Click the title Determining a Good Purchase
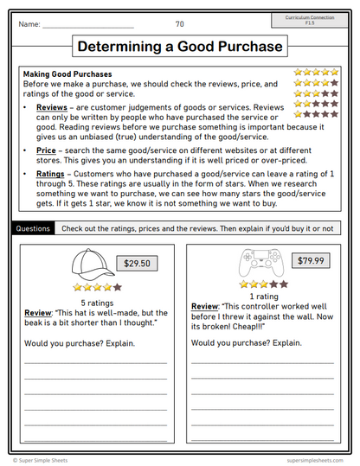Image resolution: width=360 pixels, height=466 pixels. point(180,46)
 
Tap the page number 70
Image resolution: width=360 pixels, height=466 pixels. point(180,24)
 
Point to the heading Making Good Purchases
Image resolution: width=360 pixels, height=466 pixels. point(74,74)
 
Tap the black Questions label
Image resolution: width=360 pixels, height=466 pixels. point(32,228)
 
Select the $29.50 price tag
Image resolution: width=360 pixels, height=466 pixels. point(135,263)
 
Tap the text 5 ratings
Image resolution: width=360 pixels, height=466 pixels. point(95,303)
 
